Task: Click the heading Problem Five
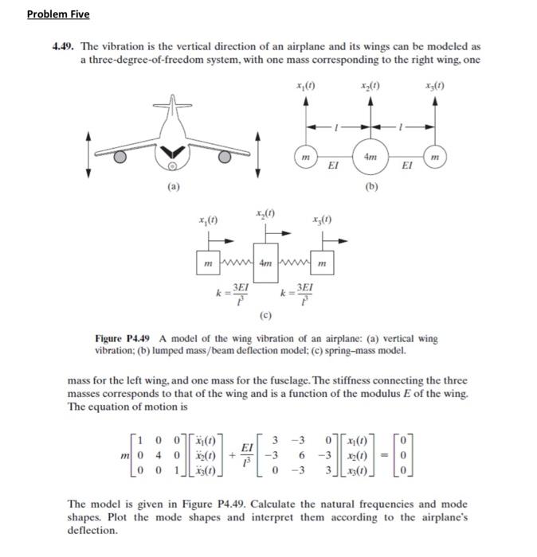click(x=58, y=14)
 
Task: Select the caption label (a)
click(x=173, y=188)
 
